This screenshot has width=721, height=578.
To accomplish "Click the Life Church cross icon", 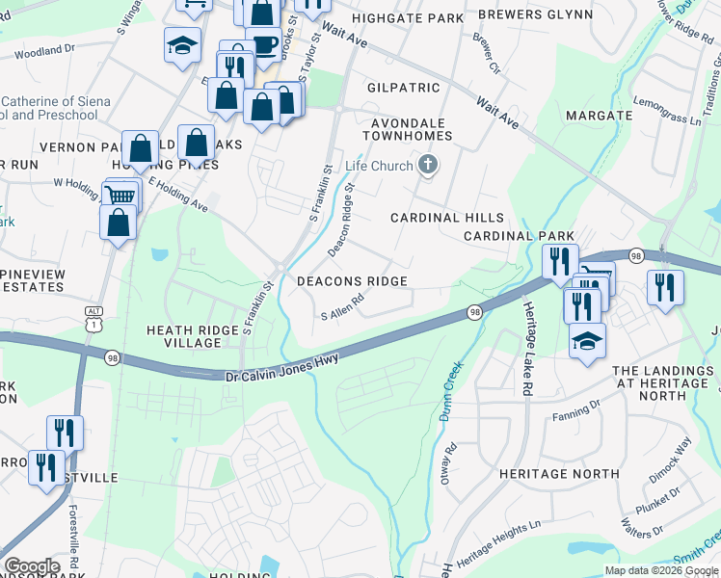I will click(428, 167).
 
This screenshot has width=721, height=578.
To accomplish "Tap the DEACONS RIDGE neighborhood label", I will click(352, 281).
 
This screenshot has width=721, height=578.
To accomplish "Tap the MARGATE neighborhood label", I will click(599, 116).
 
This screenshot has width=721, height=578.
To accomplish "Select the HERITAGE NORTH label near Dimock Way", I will click(559, 474).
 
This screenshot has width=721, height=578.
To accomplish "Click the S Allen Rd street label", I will click(342, 307).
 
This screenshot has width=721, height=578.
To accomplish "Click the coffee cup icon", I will click(263, 43).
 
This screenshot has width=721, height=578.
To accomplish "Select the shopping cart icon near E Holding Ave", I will click(120, 196).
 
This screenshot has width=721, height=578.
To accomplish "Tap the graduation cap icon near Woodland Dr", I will click(180, 45).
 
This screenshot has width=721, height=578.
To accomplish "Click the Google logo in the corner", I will click(32, 566).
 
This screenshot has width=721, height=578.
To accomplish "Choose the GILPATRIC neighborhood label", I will click(403, 88).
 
